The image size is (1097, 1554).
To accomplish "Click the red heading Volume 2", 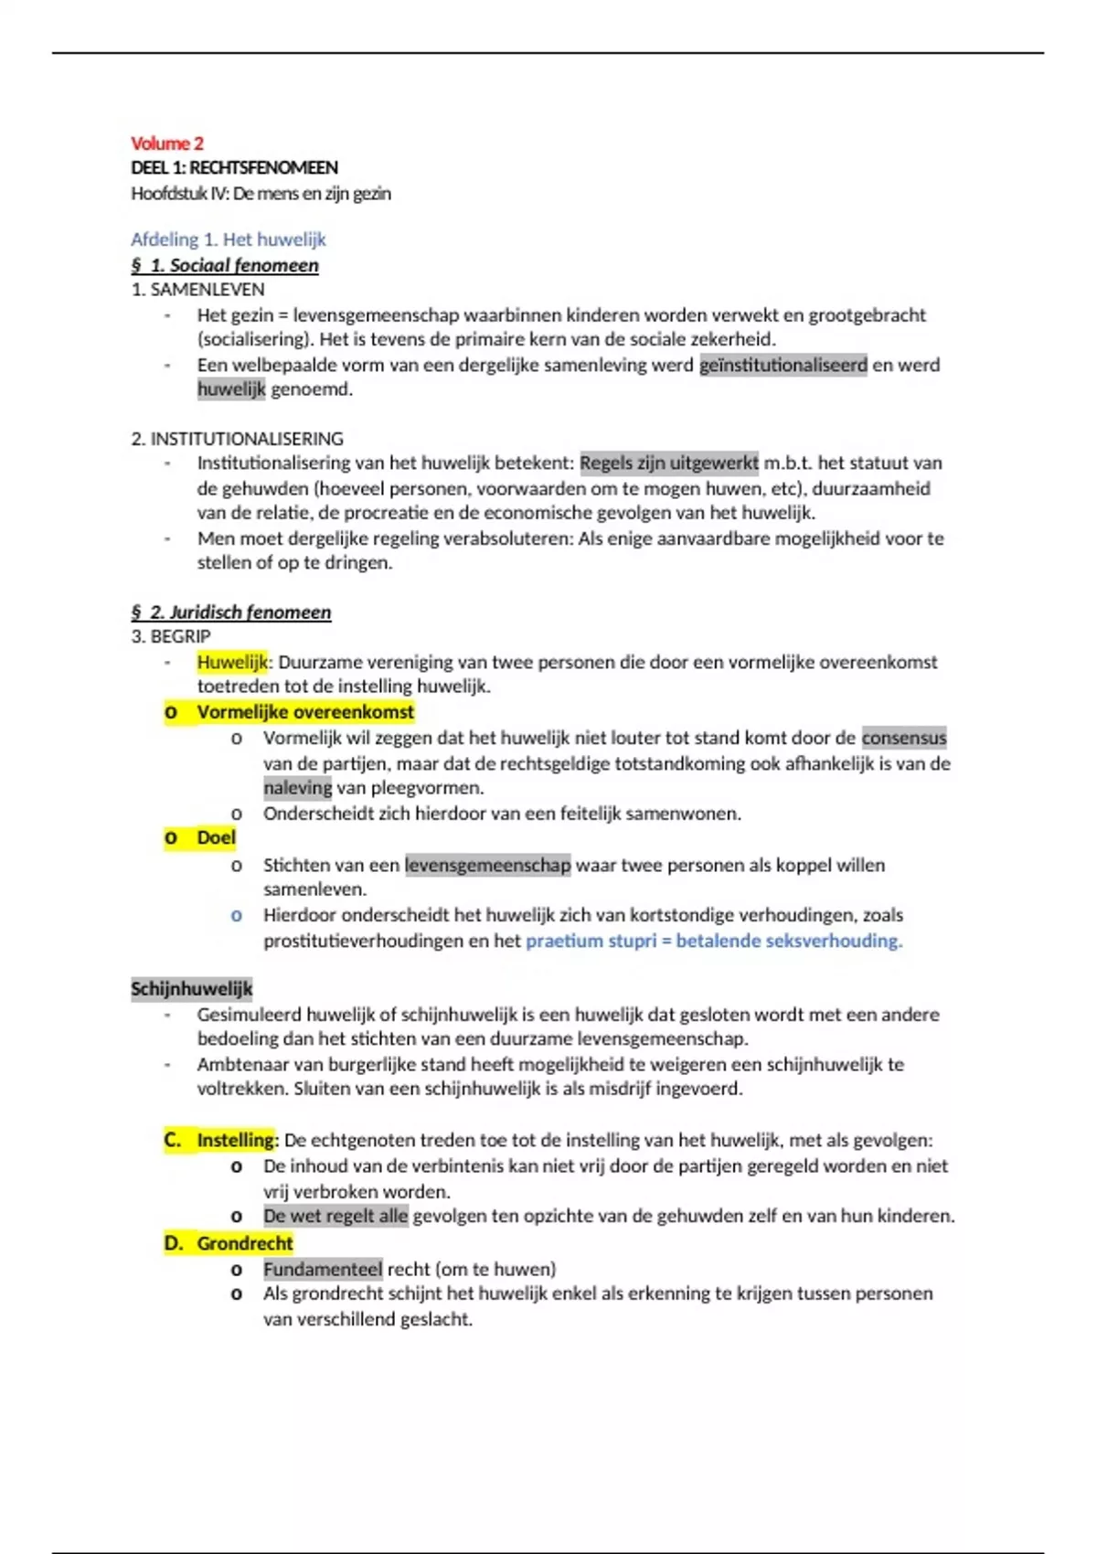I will click(167, 144).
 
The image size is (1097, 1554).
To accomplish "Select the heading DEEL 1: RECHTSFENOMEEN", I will click(234, 168).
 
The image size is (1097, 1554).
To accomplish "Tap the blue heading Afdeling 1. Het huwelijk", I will click(228, 239).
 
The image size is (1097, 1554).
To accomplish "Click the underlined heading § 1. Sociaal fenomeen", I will click(225, 266).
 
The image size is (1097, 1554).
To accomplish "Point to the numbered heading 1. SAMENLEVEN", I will click(197, 290).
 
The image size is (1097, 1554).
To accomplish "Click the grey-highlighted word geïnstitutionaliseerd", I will click(783, 366).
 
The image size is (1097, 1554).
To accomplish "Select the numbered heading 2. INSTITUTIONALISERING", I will click(237, 439).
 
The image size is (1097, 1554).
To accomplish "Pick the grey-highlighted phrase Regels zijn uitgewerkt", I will click(668, 463).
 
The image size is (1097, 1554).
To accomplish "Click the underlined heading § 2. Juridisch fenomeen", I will click(230, 612).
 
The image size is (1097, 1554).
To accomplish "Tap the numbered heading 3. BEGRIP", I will click(171, 636).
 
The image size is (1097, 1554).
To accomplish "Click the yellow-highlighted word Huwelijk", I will click(232, 662).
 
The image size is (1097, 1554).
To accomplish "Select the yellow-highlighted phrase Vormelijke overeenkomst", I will click(305, 712).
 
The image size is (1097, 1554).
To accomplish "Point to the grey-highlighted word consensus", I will click(903, 738).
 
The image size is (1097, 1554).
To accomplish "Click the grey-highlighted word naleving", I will click(297, 788).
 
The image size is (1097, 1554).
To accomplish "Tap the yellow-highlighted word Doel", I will click(216, 838).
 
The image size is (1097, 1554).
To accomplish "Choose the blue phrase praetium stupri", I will click(591, 941).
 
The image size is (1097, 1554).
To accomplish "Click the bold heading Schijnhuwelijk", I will click(191, 989).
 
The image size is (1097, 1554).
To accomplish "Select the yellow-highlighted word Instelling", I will click(235, 1140).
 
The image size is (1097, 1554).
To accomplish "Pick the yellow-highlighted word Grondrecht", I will click(244, 1243).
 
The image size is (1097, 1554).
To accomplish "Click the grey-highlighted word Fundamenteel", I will click(323, 1269).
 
